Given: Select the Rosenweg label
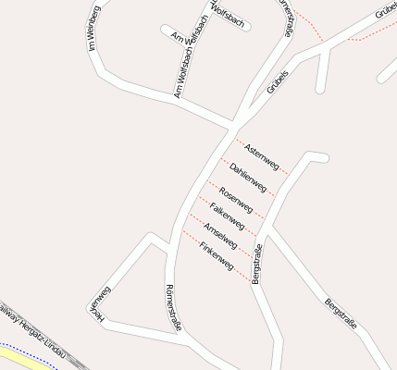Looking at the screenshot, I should [235, 197].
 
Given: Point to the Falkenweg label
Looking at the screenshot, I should [227, 216].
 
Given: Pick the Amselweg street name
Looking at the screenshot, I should [220, 235].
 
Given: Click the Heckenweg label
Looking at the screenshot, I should [100, 305].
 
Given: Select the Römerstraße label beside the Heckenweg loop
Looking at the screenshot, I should [172, 306].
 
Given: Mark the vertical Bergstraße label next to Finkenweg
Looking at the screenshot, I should [257, 263].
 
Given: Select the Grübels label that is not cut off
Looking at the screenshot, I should [278, 81].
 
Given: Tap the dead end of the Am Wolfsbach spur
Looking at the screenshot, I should [165, 29].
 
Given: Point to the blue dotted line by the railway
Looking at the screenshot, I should [28, 356].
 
